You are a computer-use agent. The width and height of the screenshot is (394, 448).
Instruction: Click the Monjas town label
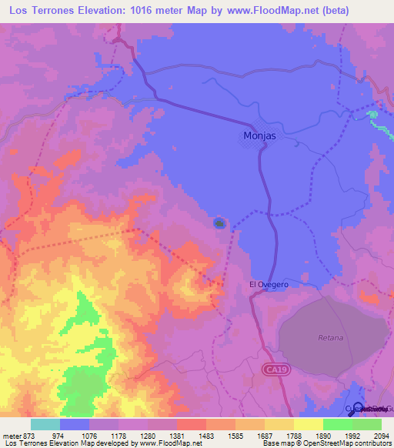259,136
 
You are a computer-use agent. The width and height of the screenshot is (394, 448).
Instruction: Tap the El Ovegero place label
269,284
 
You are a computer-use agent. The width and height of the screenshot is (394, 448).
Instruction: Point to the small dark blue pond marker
219,224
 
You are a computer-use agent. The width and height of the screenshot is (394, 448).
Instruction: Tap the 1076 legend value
89,435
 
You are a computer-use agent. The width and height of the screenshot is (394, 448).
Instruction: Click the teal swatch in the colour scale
45,424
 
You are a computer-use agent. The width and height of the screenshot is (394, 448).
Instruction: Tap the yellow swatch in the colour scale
309,424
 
